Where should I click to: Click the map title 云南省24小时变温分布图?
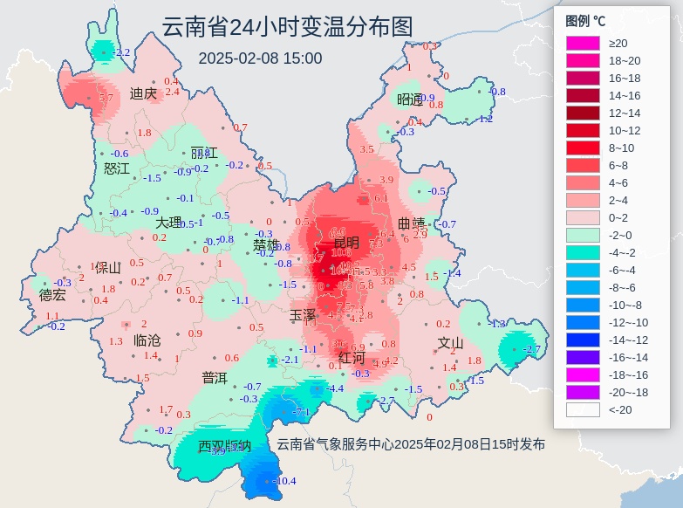point(286,28)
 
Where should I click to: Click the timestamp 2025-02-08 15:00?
point(260,58)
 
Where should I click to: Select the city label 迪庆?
point(143,93)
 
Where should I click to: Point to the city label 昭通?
point(410,99)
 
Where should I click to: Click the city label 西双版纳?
point(224,446)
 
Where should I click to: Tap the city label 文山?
point(450,342)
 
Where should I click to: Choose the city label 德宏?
point(52,295)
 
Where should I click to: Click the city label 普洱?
point(215,378)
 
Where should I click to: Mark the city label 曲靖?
point(411,223)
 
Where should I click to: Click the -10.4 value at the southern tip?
point(285,481)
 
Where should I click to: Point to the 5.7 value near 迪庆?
point(107,99)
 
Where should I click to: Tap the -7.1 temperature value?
point(302,412)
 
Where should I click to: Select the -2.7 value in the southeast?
point(531,349)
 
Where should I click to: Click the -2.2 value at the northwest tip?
point(121,52)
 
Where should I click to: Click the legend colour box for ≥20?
point(583,43)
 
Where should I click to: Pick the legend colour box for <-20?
point(583,409)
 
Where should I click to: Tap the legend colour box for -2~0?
point(583,235)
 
